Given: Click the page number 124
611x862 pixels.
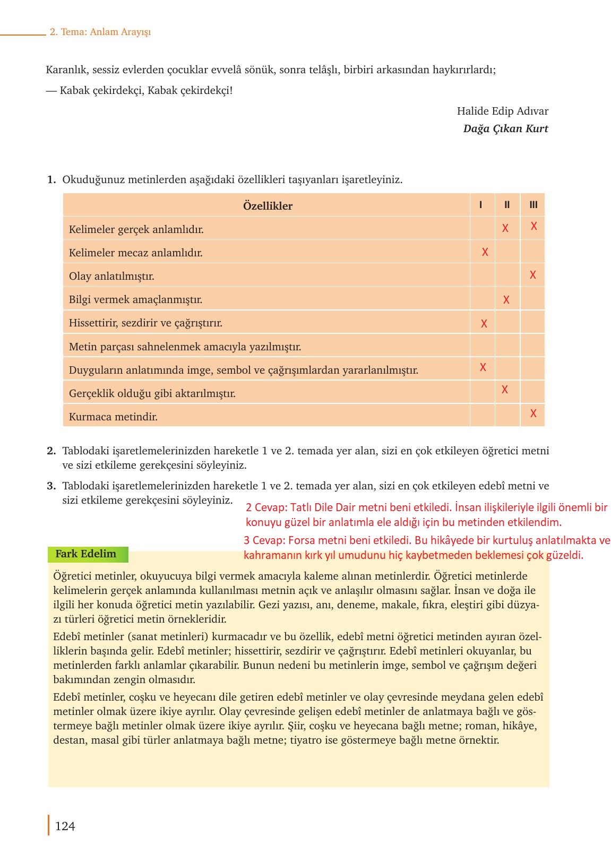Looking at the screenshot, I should point(65,826).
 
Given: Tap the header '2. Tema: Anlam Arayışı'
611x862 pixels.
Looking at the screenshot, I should point(100,32).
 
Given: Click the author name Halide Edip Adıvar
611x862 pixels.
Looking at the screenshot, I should point(502,111).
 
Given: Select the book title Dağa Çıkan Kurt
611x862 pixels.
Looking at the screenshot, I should point(505,128).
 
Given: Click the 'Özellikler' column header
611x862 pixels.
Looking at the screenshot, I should point(268,206).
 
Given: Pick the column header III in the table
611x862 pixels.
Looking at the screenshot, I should point(533,205).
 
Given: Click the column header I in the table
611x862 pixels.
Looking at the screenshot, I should point(480,205).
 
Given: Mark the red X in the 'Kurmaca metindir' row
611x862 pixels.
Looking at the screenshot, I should point(533,413).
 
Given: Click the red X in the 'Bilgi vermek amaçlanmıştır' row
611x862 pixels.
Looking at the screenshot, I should point(506,300).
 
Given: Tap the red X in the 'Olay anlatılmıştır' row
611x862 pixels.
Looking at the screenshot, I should point(532,275).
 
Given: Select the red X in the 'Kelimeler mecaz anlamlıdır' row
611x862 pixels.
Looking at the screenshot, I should point(485,252).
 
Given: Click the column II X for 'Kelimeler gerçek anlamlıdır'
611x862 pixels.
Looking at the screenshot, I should point(505,228).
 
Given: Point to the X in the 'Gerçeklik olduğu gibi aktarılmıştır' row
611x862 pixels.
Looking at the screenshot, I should point(504,390).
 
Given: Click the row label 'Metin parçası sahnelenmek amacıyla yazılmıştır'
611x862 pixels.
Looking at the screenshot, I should point(185,347).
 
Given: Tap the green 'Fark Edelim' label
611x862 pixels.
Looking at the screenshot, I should point(86,554).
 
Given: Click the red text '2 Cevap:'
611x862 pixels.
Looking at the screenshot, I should point(266,507).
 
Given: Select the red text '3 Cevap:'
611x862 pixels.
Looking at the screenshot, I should point(264,540).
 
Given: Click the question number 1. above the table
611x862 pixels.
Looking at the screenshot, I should point(51,179).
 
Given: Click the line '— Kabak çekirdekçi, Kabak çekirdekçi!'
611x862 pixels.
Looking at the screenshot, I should point(139,90).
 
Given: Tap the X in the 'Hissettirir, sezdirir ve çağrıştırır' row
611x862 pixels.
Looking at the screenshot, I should point(484,323).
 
